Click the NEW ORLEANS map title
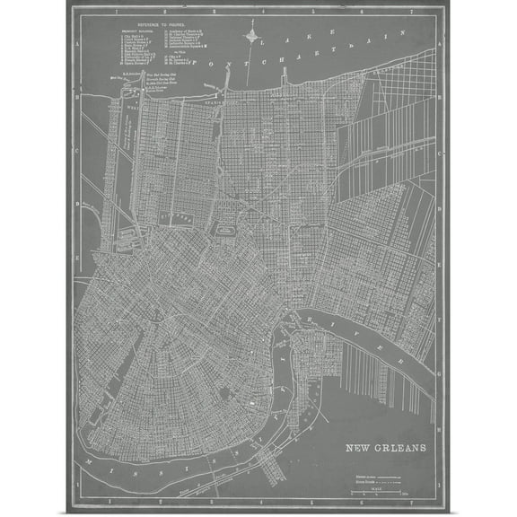[388, 446]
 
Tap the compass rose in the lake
[252, 39]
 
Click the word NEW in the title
[360, 446]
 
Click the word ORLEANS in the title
[402, 446]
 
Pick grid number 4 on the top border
[275, 11]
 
